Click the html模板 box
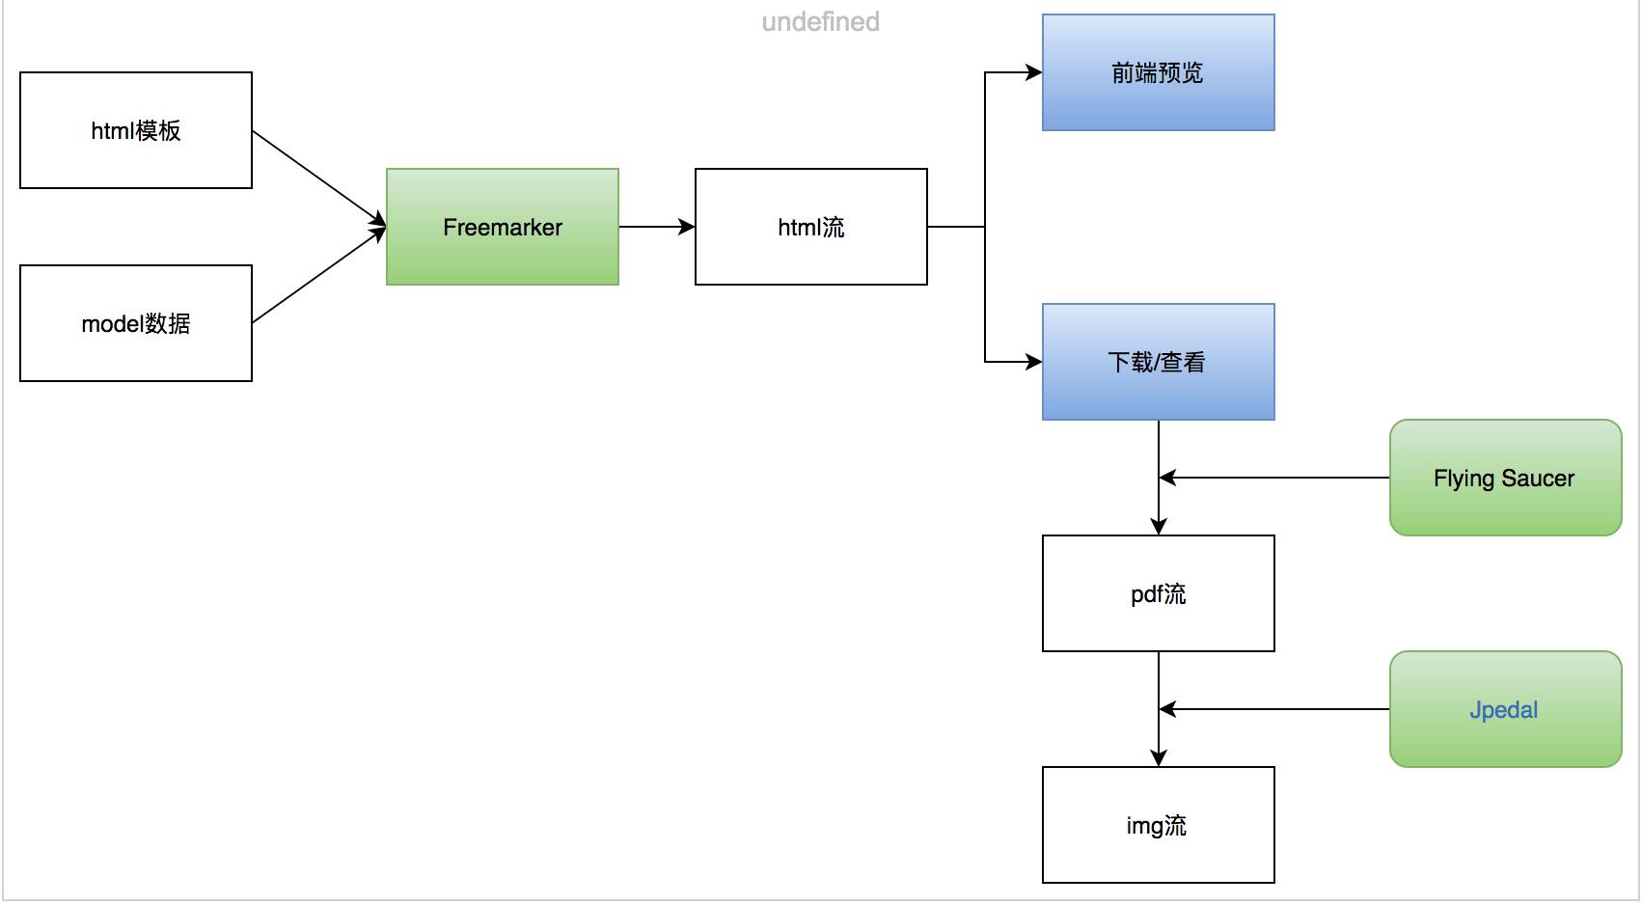point(136,130)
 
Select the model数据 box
point(136,323)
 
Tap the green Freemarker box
point(502,227)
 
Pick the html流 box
point(810,227)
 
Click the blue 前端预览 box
point(1158,72)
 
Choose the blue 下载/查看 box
point(1158,362)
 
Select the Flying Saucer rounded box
point(1505,478)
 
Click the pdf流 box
point(1158,593)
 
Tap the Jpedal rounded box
point(1505,709)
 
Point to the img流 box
point(1158,825)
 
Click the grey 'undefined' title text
point(820,21)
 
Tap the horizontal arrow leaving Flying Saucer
point(1273,478)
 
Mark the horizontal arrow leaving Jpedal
point(1273,709)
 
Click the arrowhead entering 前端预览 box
point(1033,72)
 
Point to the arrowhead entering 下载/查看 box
point(1033,362)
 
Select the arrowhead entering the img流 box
point(1159,757)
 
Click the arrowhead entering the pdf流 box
point(1159,526)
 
